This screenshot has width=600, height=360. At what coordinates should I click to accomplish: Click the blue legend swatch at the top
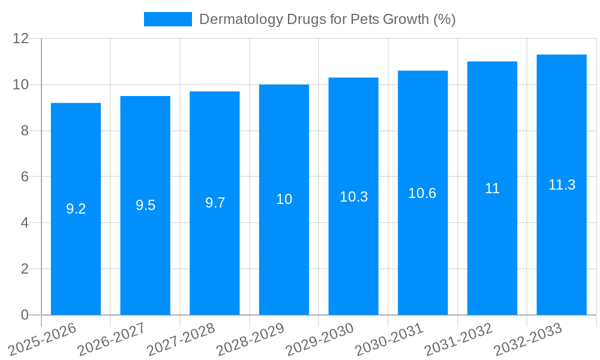point(167,19)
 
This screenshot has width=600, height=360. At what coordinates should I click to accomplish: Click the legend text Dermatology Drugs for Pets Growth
point(327,19)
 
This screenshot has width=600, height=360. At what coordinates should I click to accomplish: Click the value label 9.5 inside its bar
point(145,205)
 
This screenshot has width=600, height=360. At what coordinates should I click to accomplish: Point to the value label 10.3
point(353,196)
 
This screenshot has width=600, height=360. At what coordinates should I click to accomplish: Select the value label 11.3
point(562,185)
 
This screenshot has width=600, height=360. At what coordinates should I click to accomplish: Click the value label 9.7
point(215,203)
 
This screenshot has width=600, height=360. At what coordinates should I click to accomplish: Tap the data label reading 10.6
point(422,193)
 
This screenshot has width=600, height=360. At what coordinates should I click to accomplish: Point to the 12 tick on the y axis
point(21,38)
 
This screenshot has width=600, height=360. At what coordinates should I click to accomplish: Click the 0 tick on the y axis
point(25,315)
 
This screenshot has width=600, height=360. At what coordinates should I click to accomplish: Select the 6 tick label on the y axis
point(25,177)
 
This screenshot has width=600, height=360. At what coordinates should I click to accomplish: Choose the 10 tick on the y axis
point(21,85)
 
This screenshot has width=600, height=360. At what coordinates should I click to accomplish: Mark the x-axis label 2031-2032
point(458,339)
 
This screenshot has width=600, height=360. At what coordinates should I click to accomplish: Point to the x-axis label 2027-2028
point(181,339)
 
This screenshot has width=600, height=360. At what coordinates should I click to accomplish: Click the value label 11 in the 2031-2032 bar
point(492,188)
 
